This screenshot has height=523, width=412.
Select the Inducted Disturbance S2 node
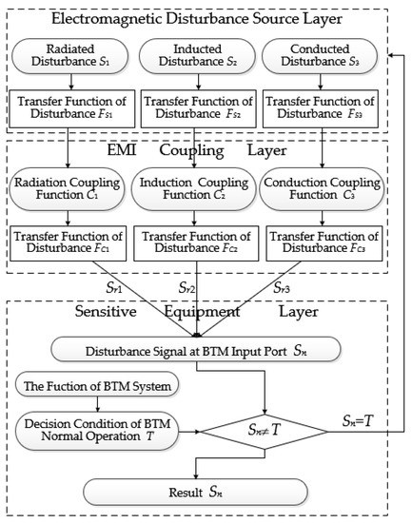click(x=197, y=58)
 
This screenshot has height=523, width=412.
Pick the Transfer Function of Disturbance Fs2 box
click(x=197, y=113)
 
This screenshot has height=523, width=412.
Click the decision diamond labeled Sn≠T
click(x=251, y=427)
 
